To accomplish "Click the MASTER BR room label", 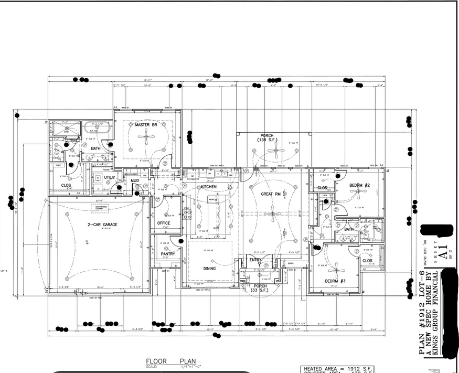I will pos(145,125).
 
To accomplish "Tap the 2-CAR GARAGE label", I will pos(102,224).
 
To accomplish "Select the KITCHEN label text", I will pos(208,187).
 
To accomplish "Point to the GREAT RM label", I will pos(271,194).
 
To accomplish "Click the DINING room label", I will pos(209,268).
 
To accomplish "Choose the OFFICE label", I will pos(164,223).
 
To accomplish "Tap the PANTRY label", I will pos(167,253).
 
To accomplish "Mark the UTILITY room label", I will pos(109,178).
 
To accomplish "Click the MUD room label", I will pos(135,180).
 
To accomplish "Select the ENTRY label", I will pos(255,260).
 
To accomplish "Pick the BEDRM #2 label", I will pos(360,186).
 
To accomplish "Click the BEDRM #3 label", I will pos(335,282).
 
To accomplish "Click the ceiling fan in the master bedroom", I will pos(146,137).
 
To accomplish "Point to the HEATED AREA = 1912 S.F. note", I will pos(335,369).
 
